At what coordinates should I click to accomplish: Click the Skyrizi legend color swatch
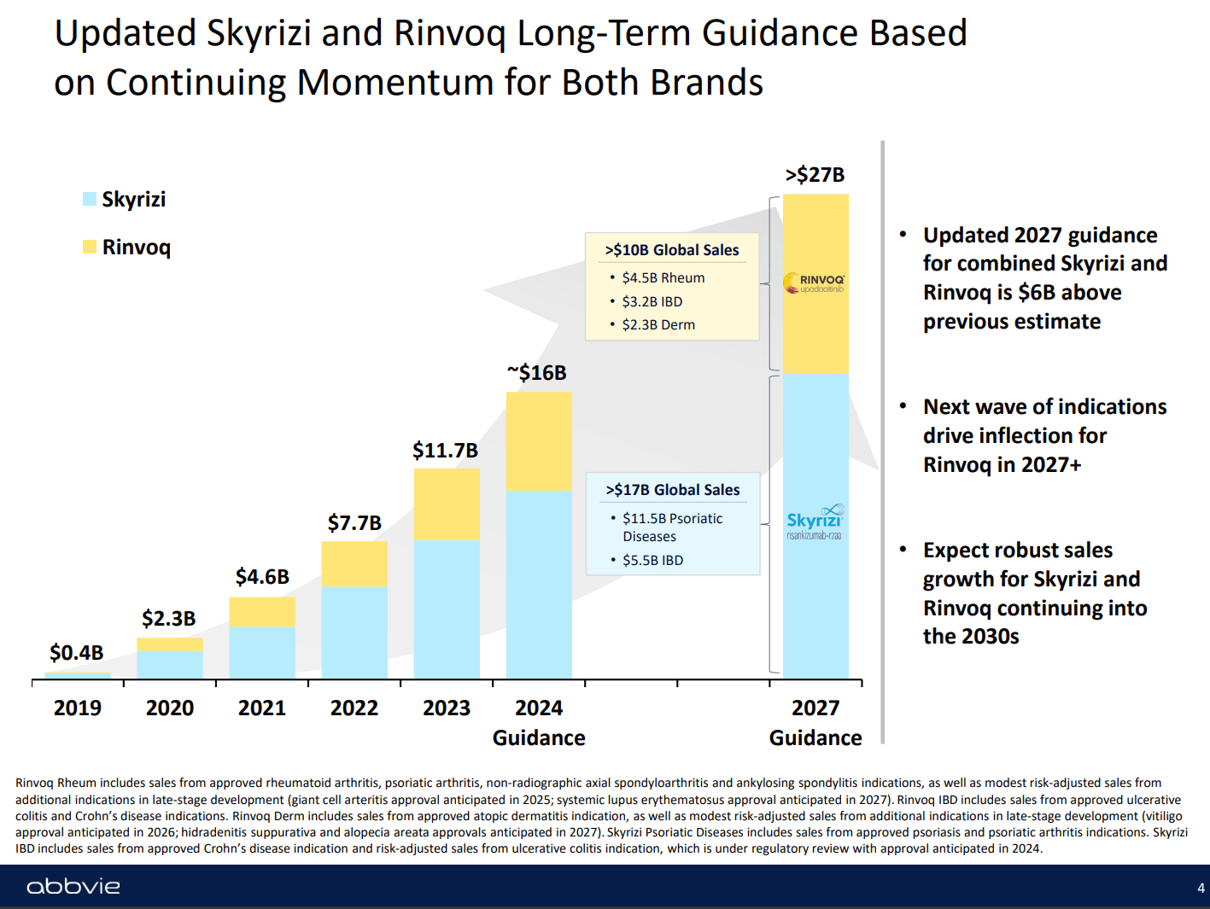(x=90, y=199)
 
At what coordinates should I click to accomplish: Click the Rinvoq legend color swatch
(x=90, y=247)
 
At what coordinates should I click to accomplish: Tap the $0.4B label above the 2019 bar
(x=77, y=653)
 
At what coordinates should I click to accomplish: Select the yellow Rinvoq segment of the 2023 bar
(x=447, y=504)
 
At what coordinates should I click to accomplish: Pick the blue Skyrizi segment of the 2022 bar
(x=354, y=632)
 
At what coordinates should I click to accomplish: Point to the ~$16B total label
(x=537, y=373)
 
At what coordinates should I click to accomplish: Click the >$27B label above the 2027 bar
(x=815, y=175)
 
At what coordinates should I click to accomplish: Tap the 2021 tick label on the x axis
(x=262, y=708)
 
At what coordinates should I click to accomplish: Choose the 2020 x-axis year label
(x=170, y=708)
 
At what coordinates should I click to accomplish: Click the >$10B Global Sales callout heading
(x=672, y=250)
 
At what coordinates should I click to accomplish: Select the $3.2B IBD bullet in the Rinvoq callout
(x=652, y=301)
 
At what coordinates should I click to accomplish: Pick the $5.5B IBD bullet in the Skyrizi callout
(x=652, y=560)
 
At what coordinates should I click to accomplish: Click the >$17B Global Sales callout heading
(x=673, y=490)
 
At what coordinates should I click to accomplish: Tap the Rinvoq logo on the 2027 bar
(x=815, y=283)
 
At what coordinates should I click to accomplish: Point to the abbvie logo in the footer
(x=73, y=887)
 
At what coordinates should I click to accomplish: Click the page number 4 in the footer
(x=1201, y=889)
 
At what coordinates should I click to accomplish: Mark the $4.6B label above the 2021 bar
(x=262, y=577)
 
